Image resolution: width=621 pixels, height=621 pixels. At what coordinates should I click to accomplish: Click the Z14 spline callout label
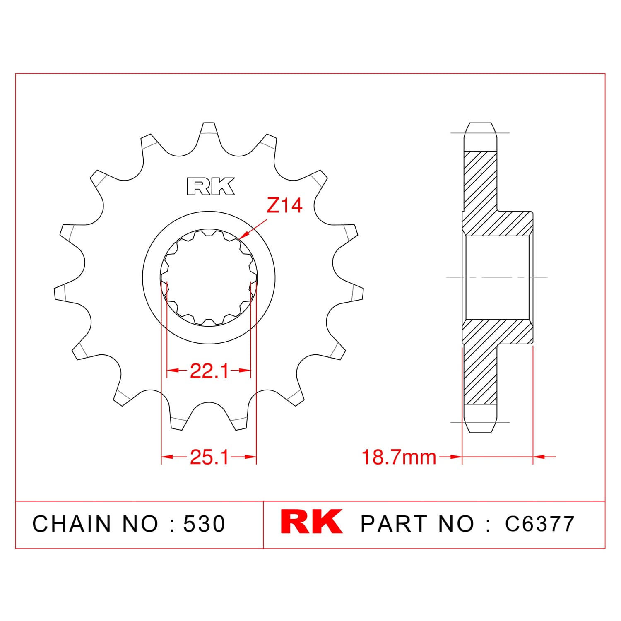tap(284, 205)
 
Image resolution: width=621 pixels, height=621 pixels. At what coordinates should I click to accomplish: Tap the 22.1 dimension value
tap(209, 371)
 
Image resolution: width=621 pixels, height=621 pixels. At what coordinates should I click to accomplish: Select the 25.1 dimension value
tap(209, 457)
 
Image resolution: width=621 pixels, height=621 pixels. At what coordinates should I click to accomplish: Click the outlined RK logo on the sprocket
tap(211, 186)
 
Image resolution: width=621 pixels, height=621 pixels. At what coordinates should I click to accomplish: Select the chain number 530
tap(204, 524)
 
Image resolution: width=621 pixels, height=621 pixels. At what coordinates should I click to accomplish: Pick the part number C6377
tap(540, 524)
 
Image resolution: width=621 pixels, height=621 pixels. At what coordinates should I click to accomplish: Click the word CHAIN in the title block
tap(72, 524)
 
